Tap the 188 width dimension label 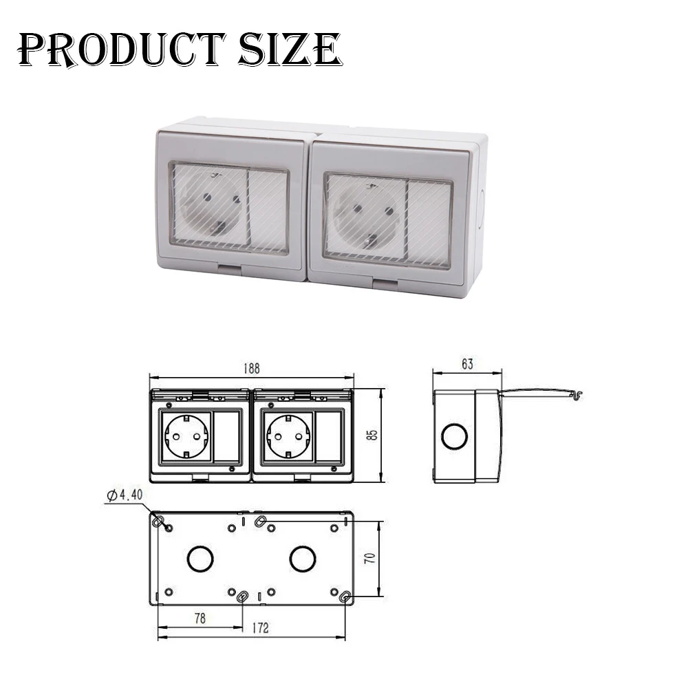[251, 368]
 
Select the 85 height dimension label [372, 435]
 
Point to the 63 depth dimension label [467, 364]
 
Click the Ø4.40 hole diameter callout [125, 495]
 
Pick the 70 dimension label [370, 558]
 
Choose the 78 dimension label [200, 619]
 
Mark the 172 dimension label [260, 628]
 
